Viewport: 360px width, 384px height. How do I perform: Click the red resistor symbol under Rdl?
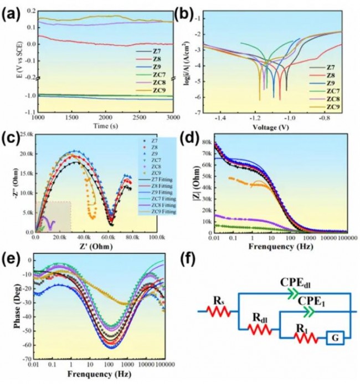coord(260,330)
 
